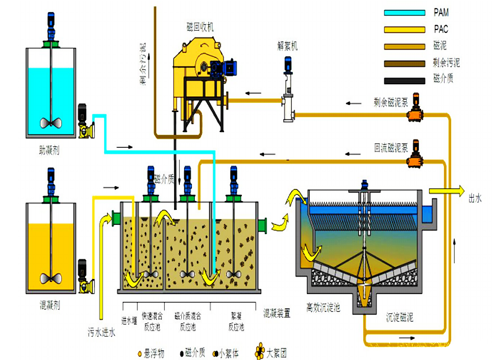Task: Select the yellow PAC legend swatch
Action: pyautogui.click(x=403, y=29)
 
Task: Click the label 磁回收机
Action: pyautogui.click(x=200, y=27)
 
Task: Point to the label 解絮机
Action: pyautogui.click(x=287, y=47)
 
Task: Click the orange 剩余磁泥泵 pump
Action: pyautogui.click(x=414, y=113)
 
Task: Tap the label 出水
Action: pyautogui.click(x=475, y=198)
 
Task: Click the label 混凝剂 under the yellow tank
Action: pyautogui.click(x=50, y=305)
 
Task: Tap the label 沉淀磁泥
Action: pyautogui.click(x=399, y=318)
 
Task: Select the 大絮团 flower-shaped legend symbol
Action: pyautogui.click(x=260, y=350)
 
